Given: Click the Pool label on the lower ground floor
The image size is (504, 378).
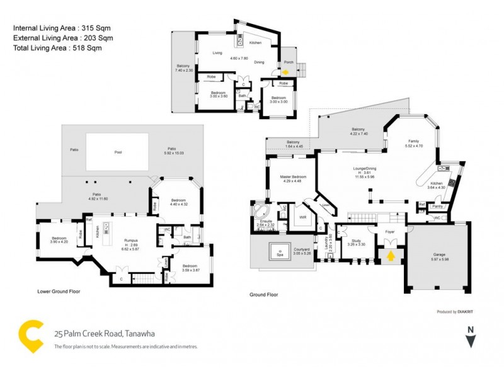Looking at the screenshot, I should (117, 152).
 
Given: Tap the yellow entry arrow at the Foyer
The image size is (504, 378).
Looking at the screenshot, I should (391, 256).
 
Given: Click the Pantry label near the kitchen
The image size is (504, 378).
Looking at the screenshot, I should (437, 205).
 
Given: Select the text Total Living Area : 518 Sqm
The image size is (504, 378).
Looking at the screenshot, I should (58, 47).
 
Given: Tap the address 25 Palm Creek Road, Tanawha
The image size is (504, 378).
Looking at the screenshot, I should (104, 333).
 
